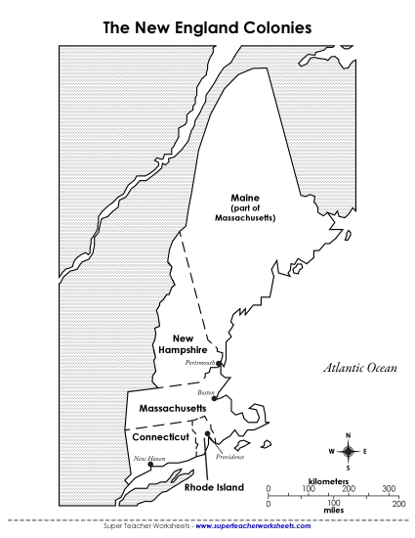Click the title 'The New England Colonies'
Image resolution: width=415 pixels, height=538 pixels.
(x=207, y=28)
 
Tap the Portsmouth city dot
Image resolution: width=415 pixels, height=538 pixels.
(x=220, y=365)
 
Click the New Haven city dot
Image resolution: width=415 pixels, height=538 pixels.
(x=149, y=466)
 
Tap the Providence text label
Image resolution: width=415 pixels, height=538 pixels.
(x=230, y=457)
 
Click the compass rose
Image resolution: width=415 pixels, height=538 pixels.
(x=349, y=450)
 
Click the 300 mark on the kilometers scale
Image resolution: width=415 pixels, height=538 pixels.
(x=390, y=487)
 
